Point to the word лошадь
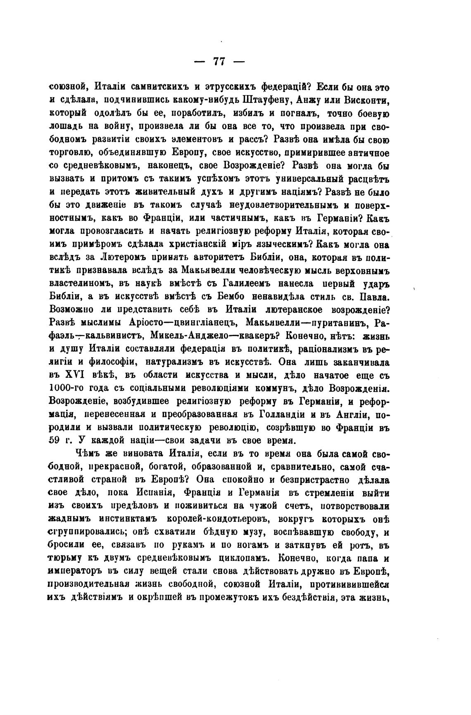64,127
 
